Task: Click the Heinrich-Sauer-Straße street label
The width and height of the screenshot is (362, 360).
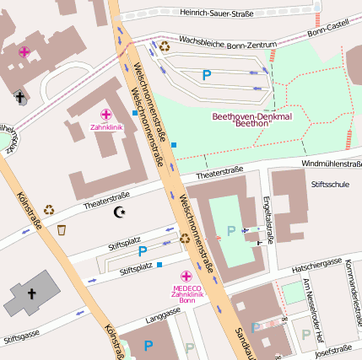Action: tap(217, 13)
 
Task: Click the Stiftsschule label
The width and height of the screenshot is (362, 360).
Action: tap(330, 183)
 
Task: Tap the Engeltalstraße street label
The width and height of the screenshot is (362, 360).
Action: tap(269, 218)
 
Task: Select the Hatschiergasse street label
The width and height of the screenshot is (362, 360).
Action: tap(316, 263)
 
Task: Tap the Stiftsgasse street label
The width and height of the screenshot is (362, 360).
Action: tap(21, 338)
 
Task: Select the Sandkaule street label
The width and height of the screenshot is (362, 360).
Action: tap(249, 341)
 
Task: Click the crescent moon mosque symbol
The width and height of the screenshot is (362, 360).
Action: tap(118, 212)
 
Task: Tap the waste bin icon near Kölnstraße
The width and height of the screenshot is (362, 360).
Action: tap(62, 229)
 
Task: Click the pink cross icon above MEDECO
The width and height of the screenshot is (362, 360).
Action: tap(186, 276)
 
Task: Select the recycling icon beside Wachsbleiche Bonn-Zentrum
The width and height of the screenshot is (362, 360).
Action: tap(164, 46)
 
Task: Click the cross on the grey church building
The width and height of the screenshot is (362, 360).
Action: tap(32, 294)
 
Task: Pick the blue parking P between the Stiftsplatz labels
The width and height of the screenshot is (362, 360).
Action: tap(142, 251)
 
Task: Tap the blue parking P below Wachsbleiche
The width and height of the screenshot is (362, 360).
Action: tap(207, 75)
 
